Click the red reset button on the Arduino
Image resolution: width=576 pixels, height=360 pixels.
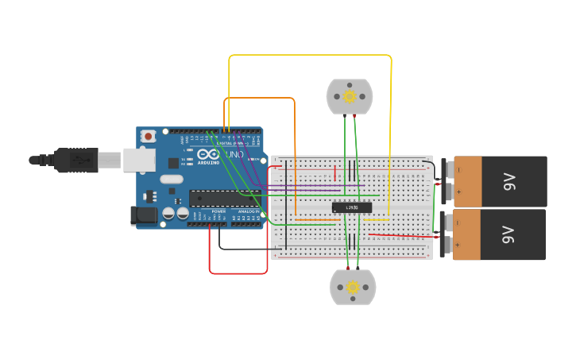(147, 137)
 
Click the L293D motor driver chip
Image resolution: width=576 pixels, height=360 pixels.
(351, 207)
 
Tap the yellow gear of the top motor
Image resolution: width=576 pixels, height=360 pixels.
(350, 97)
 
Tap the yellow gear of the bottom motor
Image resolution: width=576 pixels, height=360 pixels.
(352, 287)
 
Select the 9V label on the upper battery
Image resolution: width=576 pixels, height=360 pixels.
(509, 181)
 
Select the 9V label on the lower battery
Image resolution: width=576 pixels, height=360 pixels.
(508, 235)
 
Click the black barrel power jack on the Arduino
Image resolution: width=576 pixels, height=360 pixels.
(143, 215)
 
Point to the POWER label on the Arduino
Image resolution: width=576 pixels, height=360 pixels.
(218, 211)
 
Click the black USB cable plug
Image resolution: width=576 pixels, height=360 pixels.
(75, 160)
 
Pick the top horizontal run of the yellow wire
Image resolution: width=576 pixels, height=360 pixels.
(310, 56)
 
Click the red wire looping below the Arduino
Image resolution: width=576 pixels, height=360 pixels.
(238, 273)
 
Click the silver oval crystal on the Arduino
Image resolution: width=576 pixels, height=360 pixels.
(171, 180)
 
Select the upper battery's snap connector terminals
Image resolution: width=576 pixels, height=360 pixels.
(447, 181)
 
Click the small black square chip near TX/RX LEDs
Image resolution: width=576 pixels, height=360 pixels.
(173, 163)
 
